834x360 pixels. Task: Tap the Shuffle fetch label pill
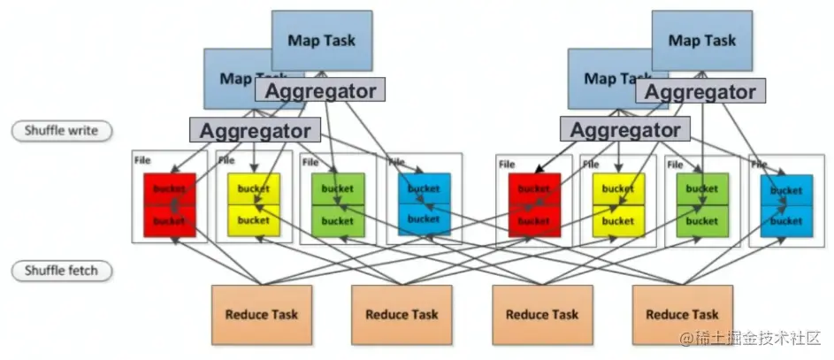pos(60,271)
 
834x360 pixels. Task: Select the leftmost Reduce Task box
pos(261,314)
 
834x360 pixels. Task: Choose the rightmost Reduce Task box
pos(681,314)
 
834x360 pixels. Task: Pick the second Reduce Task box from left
pos(401,314)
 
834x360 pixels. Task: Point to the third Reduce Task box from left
pos(541,314)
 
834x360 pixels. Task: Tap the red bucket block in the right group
pos(534,204)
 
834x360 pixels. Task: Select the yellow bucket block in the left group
pos(254,204)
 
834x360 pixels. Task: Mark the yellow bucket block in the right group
pos(618,204)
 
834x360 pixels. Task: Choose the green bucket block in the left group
pos(337,204)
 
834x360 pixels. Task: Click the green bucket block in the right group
pos(702,204)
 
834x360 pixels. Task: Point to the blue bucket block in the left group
pos(424,204)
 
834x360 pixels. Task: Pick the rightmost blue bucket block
pos(785,205)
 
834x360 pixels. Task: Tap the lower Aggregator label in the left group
pos(255,130)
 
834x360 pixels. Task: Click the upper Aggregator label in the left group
pos(320,90)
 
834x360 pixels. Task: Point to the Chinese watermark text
pos(751,339)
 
